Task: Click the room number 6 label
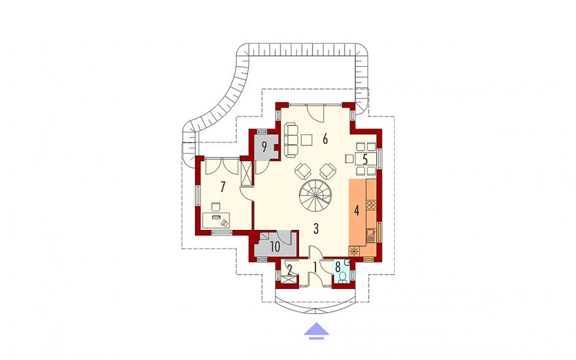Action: (x=325, y=139)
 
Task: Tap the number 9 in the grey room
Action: (x=264, y=147)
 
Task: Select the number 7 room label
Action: (x=222, y=187)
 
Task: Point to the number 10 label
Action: (x=275, y=247)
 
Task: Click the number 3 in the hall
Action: (x=316, y=229)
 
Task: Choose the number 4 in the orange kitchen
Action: (x=356, y=211)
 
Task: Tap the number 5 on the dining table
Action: (x=365, y=159)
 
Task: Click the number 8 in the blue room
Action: (x=338, y=266)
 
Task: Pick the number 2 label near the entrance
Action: (x=289, y=271)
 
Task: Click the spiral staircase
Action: (x=315, y=196)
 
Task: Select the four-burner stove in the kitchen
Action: (x=371, y=205)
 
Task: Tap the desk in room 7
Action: (x=216, y=220)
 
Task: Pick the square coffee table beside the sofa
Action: (x=307, y=140)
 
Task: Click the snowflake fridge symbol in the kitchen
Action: (x=355, y=251)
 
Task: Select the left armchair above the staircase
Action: (x=303, y=171)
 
